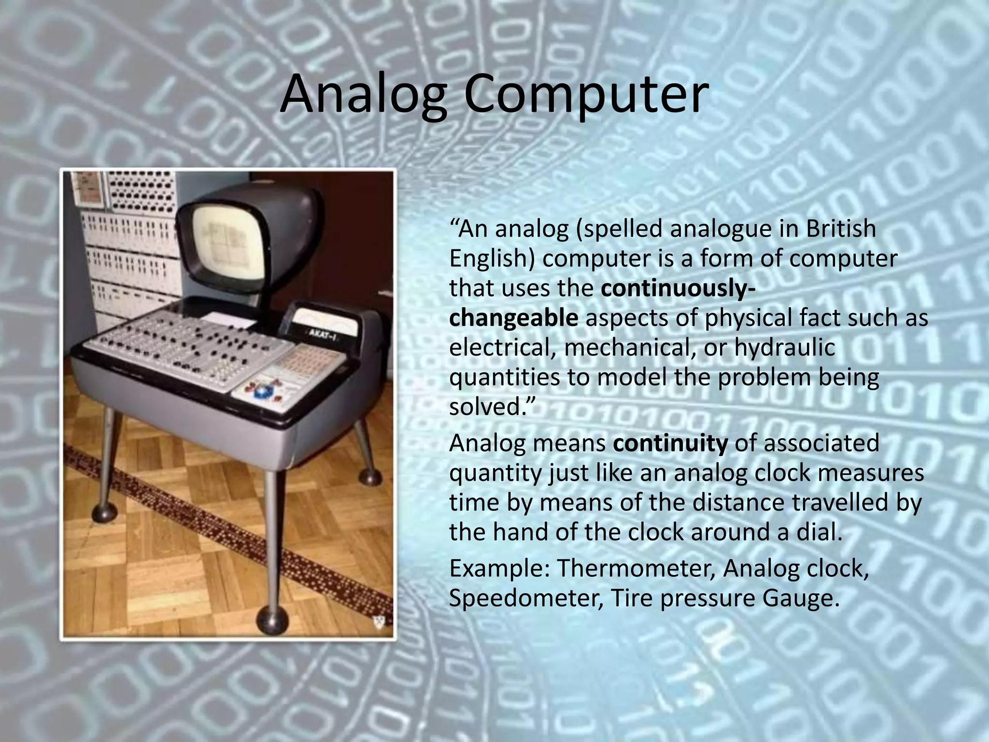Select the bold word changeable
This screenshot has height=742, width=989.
[513, 318]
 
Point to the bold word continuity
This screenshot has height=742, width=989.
[670, 443]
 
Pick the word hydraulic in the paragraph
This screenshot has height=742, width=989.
[785, 348]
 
